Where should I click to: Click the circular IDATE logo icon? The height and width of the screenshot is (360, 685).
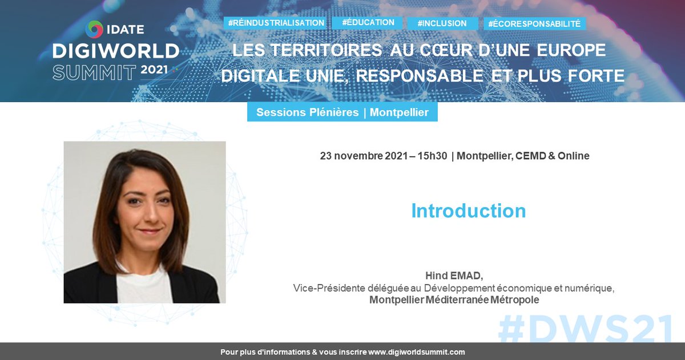coord(95,29)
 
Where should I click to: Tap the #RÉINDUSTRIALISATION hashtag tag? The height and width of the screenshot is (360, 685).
coord(276,23)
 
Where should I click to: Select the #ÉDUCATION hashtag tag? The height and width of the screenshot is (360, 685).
coord(368,22)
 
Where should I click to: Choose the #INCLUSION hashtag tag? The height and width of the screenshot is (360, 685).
coord(442,23)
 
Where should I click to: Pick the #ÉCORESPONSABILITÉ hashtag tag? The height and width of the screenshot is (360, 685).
coord(534,24)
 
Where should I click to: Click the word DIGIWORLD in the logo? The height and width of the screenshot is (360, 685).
coord(116,51)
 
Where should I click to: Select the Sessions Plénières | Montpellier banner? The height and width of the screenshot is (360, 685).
coord(342,112)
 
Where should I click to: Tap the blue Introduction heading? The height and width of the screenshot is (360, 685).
coord(468,211)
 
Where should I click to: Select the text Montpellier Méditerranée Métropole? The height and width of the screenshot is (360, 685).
coord(454,300)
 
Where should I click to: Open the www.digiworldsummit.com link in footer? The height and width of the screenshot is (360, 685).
coord(416,352)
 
